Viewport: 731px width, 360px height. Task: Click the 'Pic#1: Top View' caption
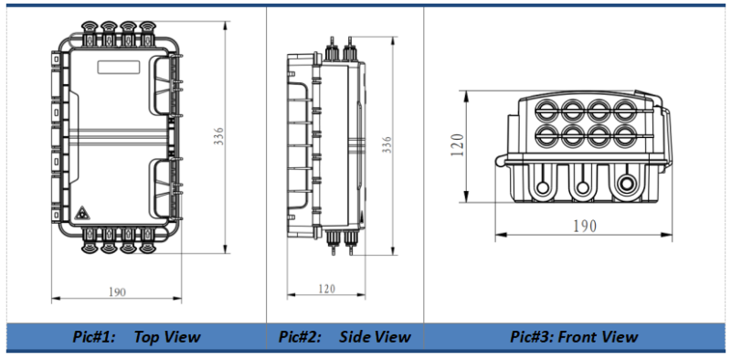[136, 336]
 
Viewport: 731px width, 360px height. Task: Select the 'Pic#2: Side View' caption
[344, 336]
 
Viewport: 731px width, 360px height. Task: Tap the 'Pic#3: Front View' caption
[574, 336]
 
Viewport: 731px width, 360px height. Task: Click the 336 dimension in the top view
[219, 136]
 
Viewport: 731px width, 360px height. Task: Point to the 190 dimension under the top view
[117, 292]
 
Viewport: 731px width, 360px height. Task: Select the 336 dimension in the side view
[387, 145]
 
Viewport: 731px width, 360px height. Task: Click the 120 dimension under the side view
[326, 289]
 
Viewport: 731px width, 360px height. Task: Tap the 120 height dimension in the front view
[458, 144]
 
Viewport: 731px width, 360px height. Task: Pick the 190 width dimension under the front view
[585, 227]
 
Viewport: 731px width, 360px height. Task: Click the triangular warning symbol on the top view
[82, 213]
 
